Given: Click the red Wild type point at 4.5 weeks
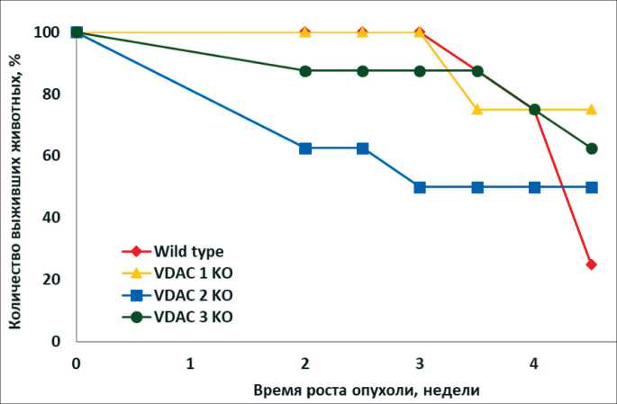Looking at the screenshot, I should click(x=591, y=264).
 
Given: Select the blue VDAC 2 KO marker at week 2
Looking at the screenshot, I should click(x=305, y=148).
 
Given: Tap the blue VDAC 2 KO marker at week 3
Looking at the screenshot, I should click(x=420, y=187).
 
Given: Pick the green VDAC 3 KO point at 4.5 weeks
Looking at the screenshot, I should click(x=591, y=148).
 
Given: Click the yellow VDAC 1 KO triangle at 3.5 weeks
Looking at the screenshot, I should click(x=476, y=109).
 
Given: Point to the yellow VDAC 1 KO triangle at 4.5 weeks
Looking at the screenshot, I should click(x=591, y=109).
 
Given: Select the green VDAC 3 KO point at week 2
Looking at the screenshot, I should click(x=305, y=71).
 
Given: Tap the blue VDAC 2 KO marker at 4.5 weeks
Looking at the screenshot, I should click(x=591, y=187).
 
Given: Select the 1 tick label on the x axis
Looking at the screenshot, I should click(x=191, y=364).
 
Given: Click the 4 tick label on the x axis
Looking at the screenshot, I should click(x=534, y=364).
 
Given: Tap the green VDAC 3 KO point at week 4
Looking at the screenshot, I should click(x=534, y=110).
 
